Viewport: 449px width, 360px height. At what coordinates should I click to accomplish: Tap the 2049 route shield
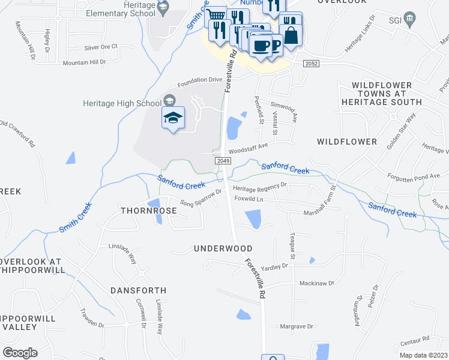pyautogui.click(x=222, y=160)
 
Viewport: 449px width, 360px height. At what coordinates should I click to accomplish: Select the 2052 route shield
pyautogui.click(x=311, y=63)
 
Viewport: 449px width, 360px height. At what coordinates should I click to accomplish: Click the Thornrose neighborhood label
pyautogui.click(x=149, y=211)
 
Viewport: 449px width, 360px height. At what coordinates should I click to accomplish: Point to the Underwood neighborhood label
pyautogui.click(x=223, y=248)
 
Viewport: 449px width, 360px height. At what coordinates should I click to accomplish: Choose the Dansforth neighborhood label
pyautogui.click(x=138, y=290)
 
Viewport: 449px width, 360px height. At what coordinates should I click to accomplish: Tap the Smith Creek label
pyautogui.click(x=76, y=218)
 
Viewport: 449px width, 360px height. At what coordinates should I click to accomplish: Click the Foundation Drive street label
pyautogui.click(x=199, y=80)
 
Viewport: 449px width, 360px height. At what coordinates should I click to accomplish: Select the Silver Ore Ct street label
pyautogui.click(x=101, y=47)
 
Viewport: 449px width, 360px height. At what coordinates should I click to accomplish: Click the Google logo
pyautogui.click(x=20, y=353)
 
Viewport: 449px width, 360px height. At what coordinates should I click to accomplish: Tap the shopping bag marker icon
pyautogui.click(x=291, y=34)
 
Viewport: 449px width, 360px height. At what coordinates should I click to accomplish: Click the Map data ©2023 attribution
pyautogui.click(x=423, y=355)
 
